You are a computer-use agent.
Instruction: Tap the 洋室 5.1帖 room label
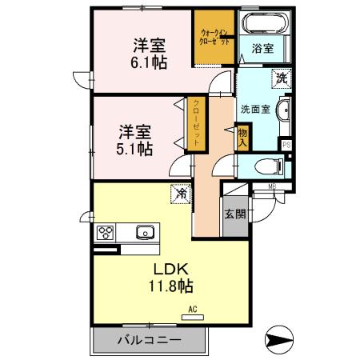point(134,138)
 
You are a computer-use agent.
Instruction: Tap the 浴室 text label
point(263,48)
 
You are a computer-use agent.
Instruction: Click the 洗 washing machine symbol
point(281,78)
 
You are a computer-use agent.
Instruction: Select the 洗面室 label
point(254,110)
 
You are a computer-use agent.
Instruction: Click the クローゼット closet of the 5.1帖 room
point(195,123)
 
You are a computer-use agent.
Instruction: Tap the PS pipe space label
point(286,144)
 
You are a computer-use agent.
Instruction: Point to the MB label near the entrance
point(272,187)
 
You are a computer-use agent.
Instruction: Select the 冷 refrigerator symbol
point(182,193)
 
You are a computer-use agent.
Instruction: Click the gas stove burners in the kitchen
point(106,233)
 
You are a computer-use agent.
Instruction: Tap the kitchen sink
point(146,233)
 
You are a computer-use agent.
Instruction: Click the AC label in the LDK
point(192,310)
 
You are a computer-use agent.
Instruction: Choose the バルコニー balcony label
point(149,339)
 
